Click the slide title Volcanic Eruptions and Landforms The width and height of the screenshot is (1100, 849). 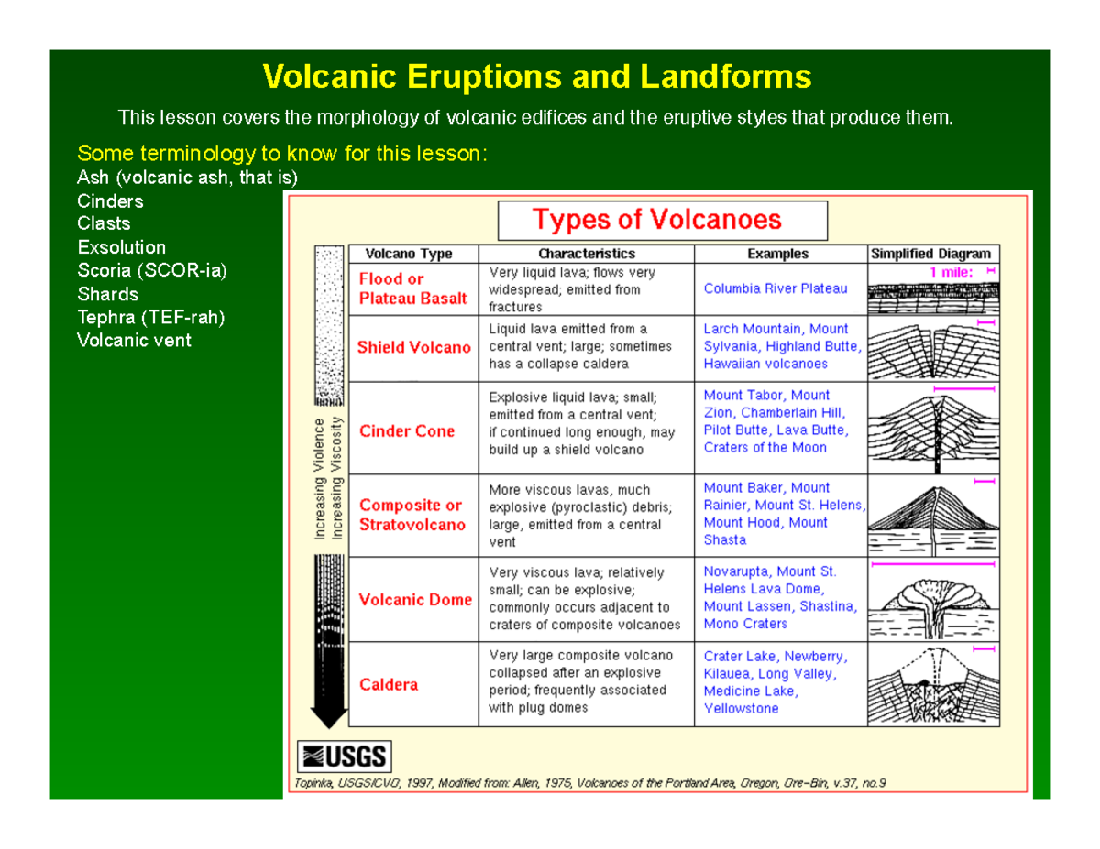click(x=536, y=77)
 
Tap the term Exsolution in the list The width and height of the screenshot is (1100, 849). click(x=122, y=247)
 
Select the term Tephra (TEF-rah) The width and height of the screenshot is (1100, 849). click(x=151, y=318)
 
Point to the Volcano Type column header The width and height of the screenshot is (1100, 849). click(x=409, y=254)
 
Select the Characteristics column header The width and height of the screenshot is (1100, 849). click(x=586, y=254)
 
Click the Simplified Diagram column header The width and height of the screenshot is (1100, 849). click(x=930, y=254)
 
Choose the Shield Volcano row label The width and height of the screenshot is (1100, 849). click(x=413, y=347)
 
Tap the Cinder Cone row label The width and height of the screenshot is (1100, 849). click(x=406, y=430)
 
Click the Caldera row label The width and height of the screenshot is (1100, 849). click(x=389, y=684)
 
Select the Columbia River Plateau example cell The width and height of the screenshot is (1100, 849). click(x=775, y=288)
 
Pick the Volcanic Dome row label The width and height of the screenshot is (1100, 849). click(x=415, y=600)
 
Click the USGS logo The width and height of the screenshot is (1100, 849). click(x=345, y=756)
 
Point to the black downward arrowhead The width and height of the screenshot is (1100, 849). click(x=329, y=713)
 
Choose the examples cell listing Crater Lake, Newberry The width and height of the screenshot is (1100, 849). click(x=775, y=682)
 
